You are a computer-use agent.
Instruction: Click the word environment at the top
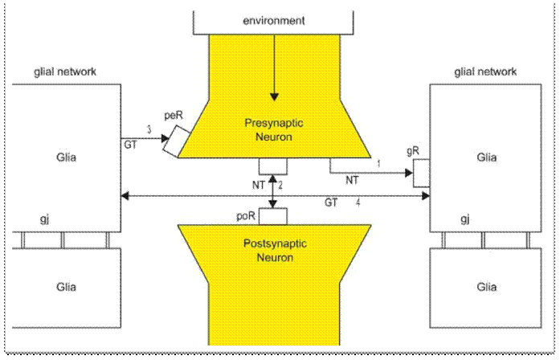pyautogui.click(x=274, y=20)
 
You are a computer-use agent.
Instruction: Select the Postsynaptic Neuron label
pyautogui.click(x=274, y=250)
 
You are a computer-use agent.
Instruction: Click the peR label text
pyautogui.click(x=174, y=117)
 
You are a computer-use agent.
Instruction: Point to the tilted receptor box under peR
pyautogui.click(x=174, y=142)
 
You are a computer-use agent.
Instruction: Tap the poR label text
pyautogui.click(x=247, y=217)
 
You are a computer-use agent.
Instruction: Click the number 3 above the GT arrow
pyautogui.click(x=149, y=129)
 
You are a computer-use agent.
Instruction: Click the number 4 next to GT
pyautogui.click(x=357, y=204)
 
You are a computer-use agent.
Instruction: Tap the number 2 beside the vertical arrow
pyautogui.click(x=281, y=186)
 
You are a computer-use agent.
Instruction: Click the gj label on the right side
pyautogui.click(x=464, y=219)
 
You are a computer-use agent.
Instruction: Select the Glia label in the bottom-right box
pyautogui.click(x=484, y=287)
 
